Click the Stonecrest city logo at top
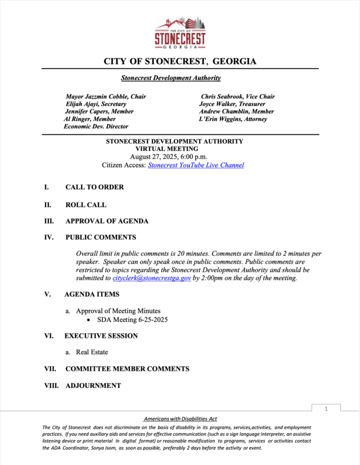pos(180,33)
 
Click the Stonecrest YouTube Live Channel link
pos(196,166)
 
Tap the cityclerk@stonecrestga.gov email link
pos(152,278)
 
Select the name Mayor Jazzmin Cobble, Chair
pos(106,97)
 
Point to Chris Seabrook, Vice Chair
pos(238,97)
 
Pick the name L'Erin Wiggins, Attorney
pos(233,119)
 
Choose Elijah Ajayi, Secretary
pos(96,104)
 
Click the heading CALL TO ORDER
pos(94,187)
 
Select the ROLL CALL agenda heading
pos(85,205)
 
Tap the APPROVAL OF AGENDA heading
pos(107,221)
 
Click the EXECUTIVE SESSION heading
pos(101,336)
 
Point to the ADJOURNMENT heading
pos(93,386)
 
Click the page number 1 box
pos(326,409)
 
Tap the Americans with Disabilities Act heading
pos(180,419)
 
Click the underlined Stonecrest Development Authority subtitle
pos(171,78)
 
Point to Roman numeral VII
pos(51,369)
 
